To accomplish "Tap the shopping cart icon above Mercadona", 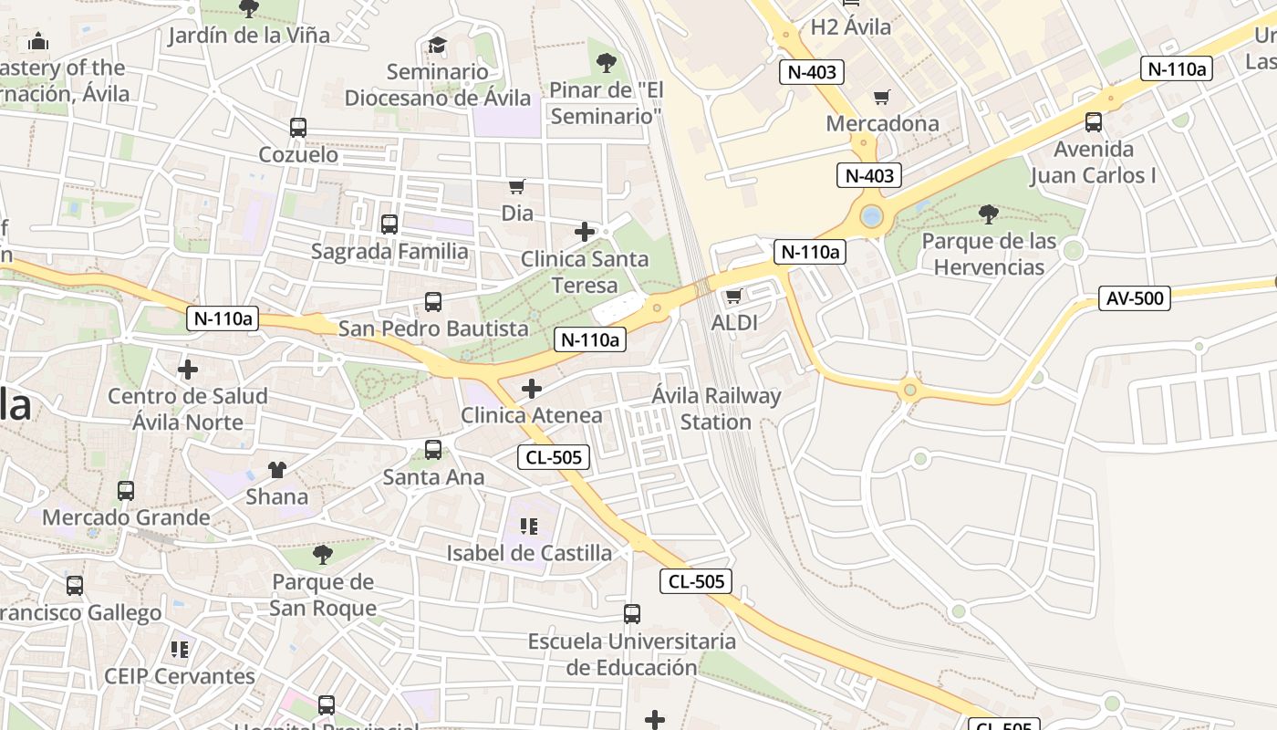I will pos(882,97).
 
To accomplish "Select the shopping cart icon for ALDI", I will pos(733,296).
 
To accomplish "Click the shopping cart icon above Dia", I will pos(517,186).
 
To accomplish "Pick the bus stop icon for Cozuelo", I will pos(298,128).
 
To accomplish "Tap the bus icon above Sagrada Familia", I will pos(389,224).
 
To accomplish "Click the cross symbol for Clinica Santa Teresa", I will pos(585,232).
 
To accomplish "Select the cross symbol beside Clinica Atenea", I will pos(532,390).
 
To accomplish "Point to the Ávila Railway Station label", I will pos(716,409).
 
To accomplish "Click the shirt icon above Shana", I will pos(277,470).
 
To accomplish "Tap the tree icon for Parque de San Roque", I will pos(323,555).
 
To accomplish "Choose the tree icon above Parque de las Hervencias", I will pos(988,214).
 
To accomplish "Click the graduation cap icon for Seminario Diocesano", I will pos(438,46).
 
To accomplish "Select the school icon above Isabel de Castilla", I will pos(529,527).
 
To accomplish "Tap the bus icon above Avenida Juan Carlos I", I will pos(1094,121).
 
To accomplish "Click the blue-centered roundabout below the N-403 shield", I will pos(871,217).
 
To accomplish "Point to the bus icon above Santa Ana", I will pos(433,450).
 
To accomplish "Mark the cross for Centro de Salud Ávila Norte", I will pos(188,370).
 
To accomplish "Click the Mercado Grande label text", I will pos(126,517).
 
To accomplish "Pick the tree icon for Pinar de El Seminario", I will pos(606,63).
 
